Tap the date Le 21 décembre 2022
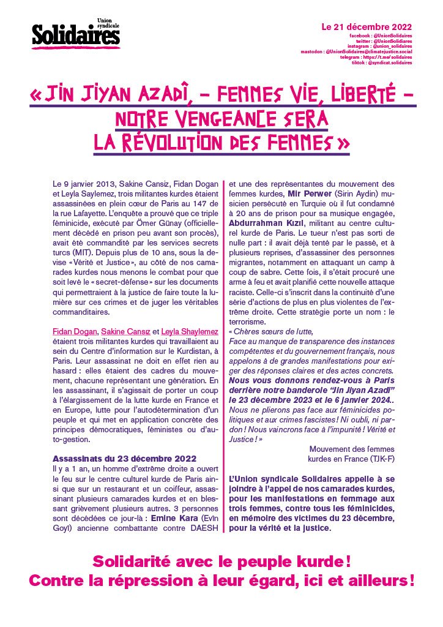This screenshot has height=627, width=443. point(367,28)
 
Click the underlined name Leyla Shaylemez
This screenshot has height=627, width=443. point(190,331)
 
